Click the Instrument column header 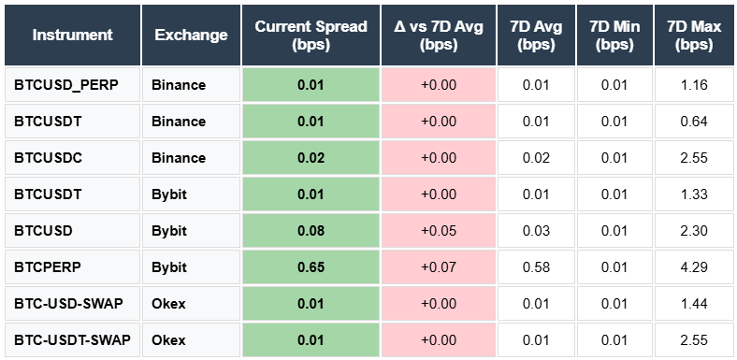72,36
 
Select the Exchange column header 191,36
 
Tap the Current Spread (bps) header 310,36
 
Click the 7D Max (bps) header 693,36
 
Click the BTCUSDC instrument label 48,158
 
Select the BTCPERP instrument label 47,266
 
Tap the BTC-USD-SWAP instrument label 64,303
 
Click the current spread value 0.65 311,266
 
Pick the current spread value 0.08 311,230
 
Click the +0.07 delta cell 438,266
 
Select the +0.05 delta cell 438,230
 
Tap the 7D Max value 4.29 693,266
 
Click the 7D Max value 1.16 693,85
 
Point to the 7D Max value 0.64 693,122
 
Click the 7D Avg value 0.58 535,266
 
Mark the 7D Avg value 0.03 535,230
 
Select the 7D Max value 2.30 693,230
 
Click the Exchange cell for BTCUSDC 178,158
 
